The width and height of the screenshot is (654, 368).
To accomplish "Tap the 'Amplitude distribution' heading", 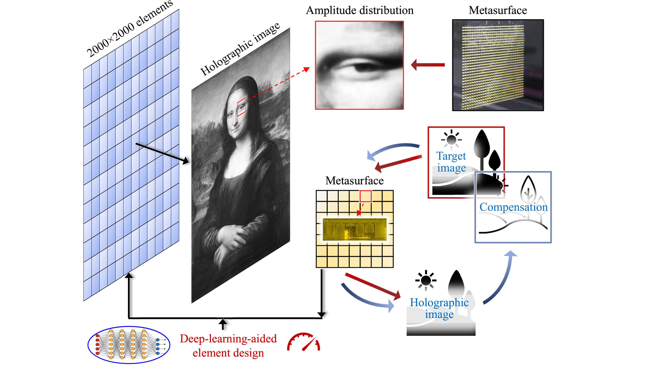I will (360, 10).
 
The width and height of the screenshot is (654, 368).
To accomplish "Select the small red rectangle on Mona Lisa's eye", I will (241, 107).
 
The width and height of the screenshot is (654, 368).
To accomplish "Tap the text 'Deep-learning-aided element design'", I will (228, 346).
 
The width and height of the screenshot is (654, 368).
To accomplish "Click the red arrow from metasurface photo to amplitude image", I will (428, 65).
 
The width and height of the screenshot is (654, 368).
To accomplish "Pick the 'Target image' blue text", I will (451, 162).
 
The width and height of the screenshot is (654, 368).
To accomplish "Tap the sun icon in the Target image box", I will (451, 140).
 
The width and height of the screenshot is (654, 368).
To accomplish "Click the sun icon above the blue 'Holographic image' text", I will (426, 280).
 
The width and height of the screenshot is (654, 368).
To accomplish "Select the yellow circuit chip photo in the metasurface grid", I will (355, 229).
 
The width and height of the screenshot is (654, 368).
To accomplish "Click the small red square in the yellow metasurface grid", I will (366, 196).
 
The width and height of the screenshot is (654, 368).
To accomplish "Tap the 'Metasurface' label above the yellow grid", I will (354, 181).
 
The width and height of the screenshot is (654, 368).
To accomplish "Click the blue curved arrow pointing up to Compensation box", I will (501, 279).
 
